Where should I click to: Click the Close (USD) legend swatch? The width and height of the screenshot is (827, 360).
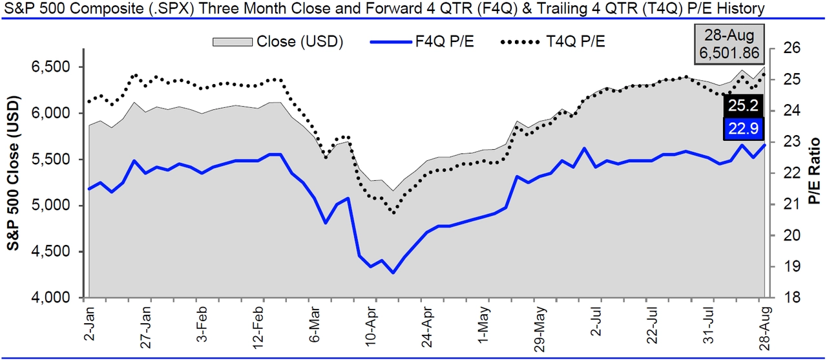233,41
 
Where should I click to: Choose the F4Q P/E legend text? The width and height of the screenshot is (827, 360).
445,41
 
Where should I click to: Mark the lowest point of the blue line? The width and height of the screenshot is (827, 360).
393,273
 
